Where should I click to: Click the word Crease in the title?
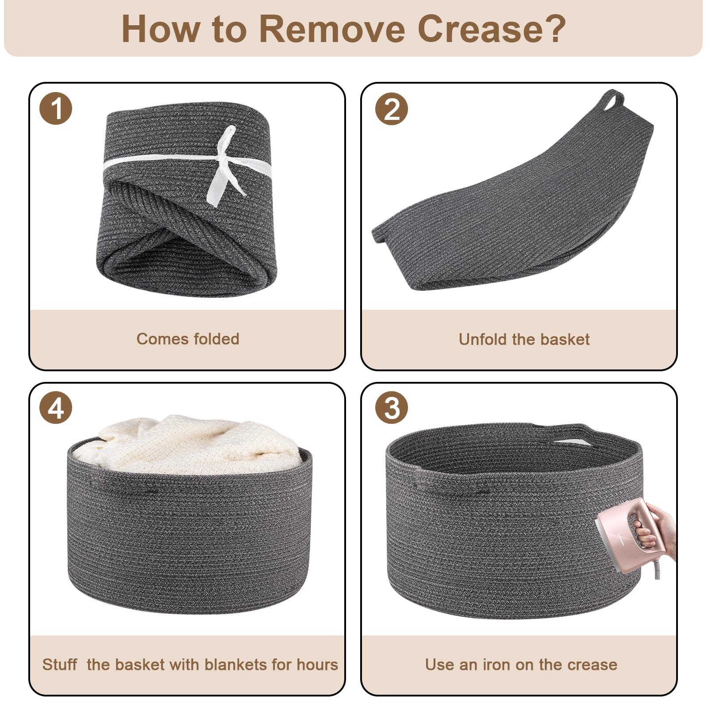pyautogui.click(x=492, y=29)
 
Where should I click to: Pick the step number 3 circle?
pyautogui.click(x=392, y=408)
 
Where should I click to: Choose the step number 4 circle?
pyautogui.click(x=56, y=408)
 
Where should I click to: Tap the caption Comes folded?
pyautogui.click(x=188, y=339)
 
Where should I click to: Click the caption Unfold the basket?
pyautogui.click(x=524, y=339)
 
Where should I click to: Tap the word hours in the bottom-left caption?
pyautogui.click(x=317, y=665)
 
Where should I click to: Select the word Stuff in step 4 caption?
pyautogui.click(x=59, y=665)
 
